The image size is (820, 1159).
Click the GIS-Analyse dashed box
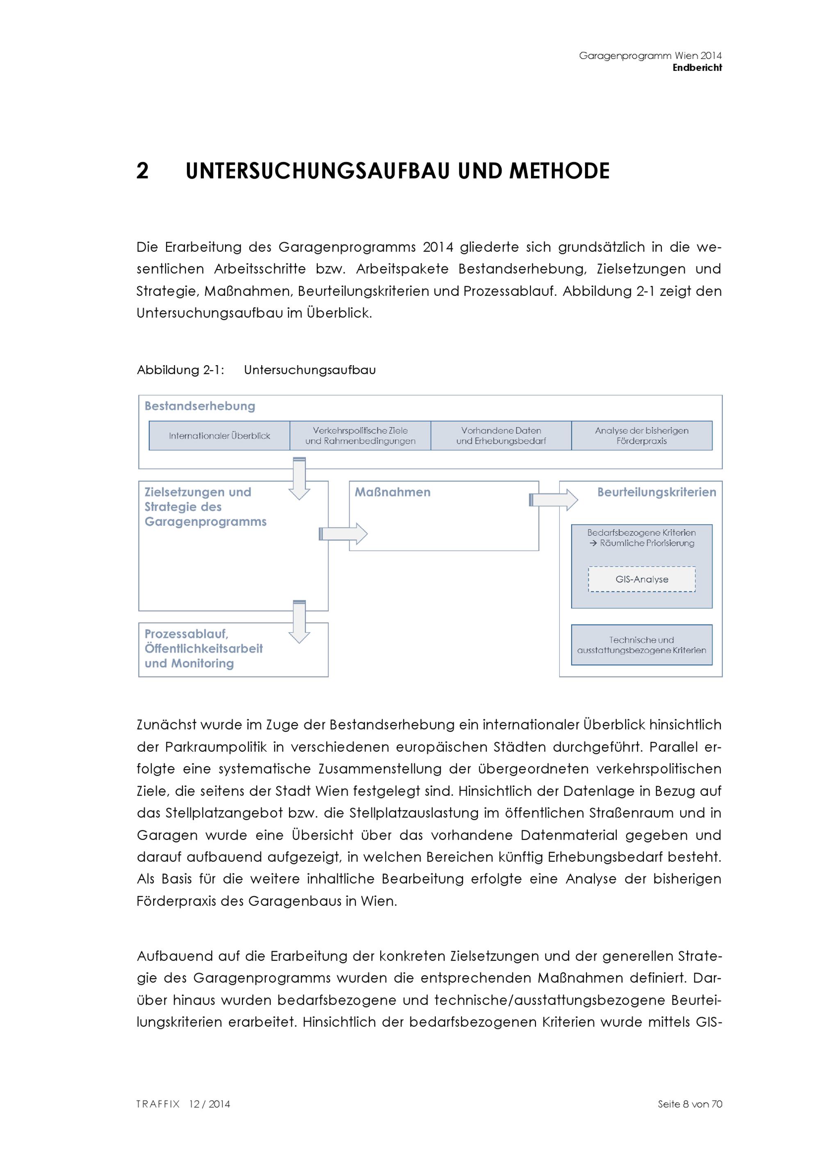pyautogui.click(x=641, y=579)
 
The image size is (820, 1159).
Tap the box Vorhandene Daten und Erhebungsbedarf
pyautogui.click(x=501, y=436)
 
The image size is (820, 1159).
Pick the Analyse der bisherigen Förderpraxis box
pyautogui.click(x=641, y=436)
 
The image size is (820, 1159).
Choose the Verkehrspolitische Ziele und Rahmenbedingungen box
pyautogui.click(x=360, y=436)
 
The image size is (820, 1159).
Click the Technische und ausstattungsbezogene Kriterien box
pyautogui.click(x=641, y=645)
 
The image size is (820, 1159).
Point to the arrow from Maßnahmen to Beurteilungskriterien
pyautogui.click(x=553, y=500)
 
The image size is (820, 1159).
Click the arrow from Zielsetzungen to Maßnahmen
pyautogui.click(x=343, y=534)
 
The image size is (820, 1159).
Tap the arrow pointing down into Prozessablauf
pyautogui.click(x=299, y=622)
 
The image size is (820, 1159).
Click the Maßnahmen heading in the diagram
pyautogui.click(x=392, y=492)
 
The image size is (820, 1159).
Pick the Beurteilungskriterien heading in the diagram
pyautogui.click(x=656, y=492)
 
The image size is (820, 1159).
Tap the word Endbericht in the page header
pyautogui.click(x=697, y=68)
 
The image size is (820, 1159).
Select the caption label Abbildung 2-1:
pyautogui.click(x=180, y=370)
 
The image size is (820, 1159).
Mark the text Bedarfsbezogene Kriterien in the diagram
pyautogui.click(x=641, y=532)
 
